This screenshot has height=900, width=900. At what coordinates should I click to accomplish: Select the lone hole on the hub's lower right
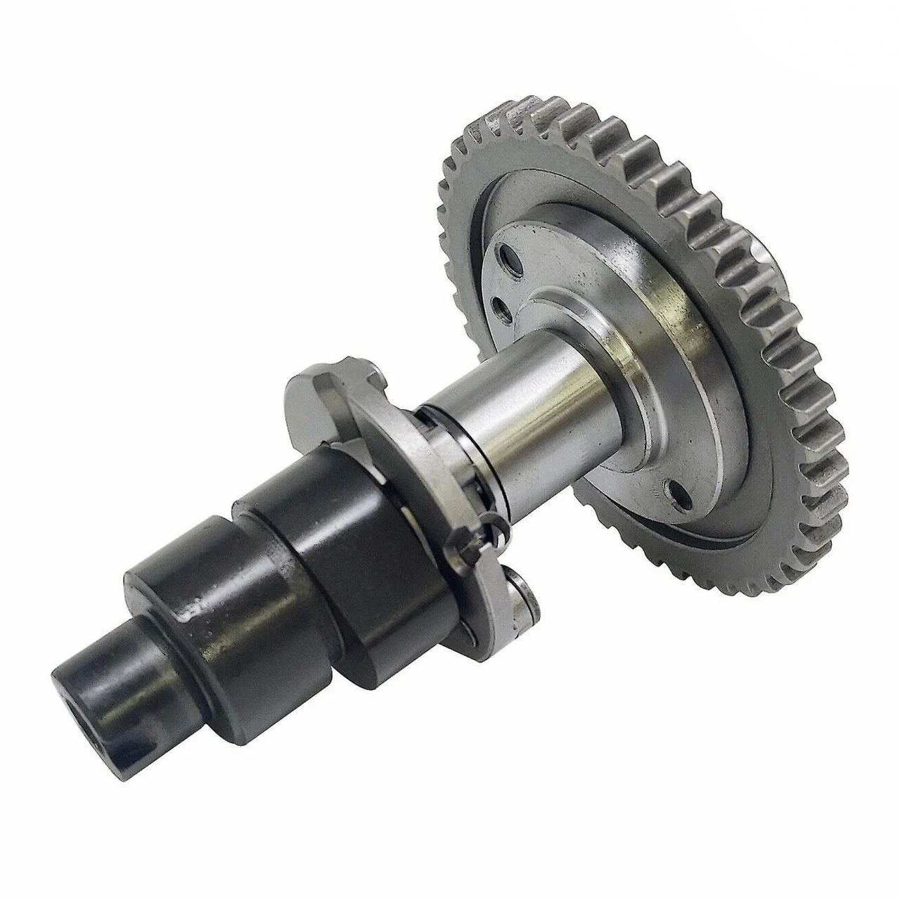pos(678,492)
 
